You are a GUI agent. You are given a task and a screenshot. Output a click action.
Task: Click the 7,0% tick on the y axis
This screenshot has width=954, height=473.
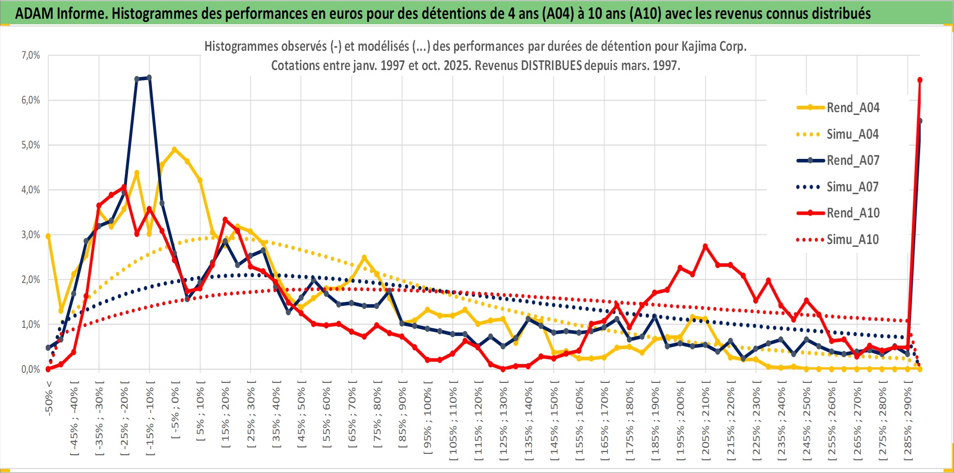point(31,55)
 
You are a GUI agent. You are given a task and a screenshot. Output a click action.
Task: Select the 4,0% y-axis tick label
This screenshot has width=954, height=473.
point(31,190)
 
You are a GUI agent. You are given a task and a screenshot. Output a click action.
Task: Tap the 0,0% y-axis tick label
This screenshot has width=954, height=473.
point(31,369)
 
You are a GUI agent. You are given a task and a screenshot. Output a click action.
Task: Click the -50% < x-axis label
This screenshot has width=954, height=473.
point(49,397)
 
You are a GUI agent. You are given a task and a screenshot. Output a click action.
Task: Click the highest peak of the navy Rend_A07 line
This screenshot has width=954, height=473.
point(149,78)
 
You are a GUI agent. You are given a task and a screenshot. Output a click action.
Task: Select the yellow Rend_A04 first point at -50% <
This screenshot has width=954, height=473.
point(48,236)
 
